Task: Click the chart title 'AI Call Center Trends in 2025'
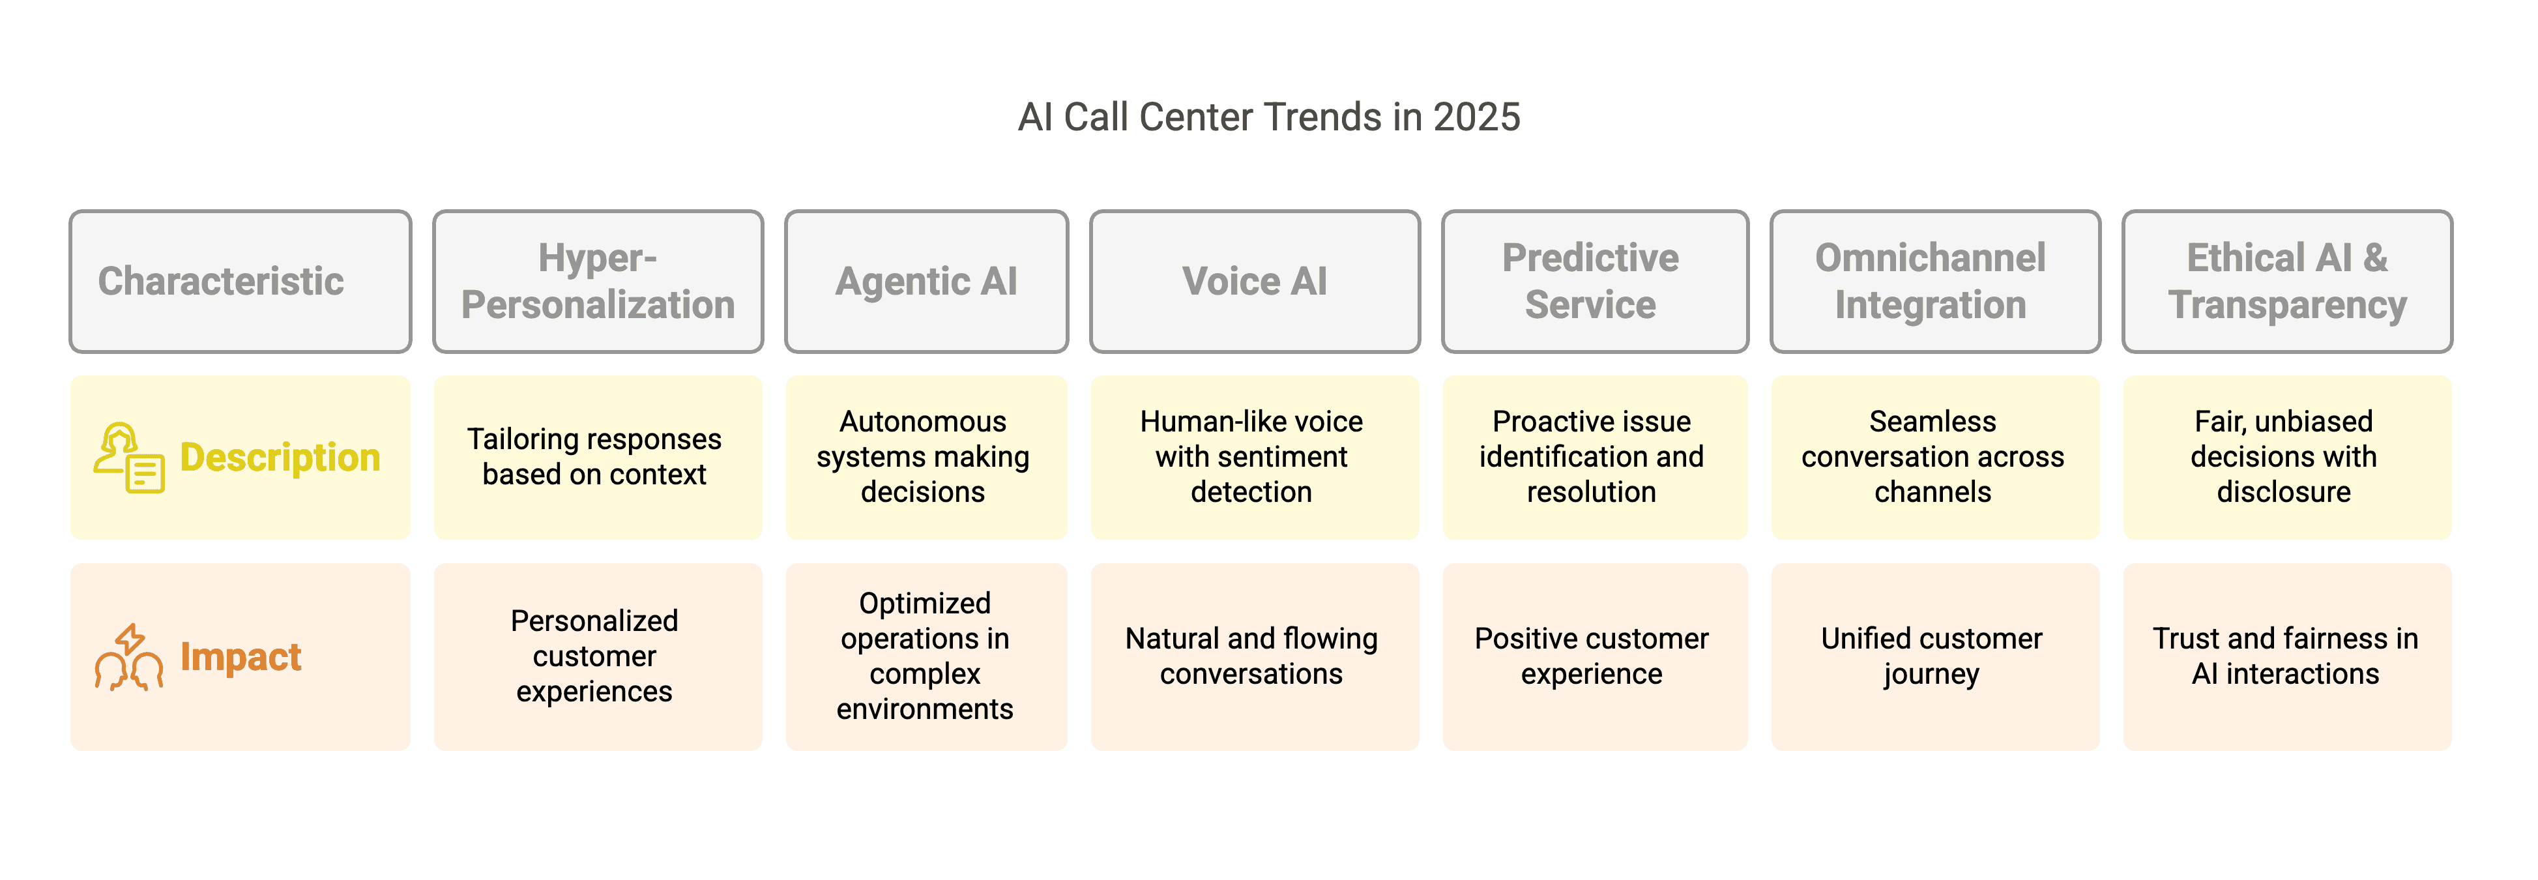tap(1269, 117)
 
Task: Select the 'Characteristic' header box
tap(241, 281)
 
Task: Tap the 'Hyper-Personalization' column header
tap(598, 281)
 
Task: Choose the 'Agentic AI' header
tap(926, 281)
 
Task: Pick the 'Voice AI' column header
tap(1254, 281)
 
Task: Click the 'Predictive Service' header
tap(1594, 281)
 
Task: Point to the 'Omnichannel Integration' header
tap(1935, 281)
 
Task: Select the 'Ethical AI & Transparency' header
tap(2287, 281)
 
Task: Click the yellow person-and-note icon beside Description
tap(129, 458)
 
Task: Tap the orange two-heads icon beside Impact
tap(129, 656)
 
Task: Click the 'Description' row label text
tap(280, 457)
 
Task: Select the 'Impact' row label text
tap(241, 656)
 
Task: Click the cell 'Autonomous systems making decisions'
tap(926, 456)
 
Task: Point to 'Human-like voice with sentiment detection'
tap(1254, 456)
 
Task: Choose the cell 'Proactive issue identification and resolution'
tap(1594, 456)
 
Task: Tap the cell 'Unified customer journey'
tap(1935, 656)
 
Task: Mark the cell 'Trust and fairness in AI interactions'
tap(2287, 656)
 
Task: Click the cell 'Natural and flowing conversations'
tap(1254, 656)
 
